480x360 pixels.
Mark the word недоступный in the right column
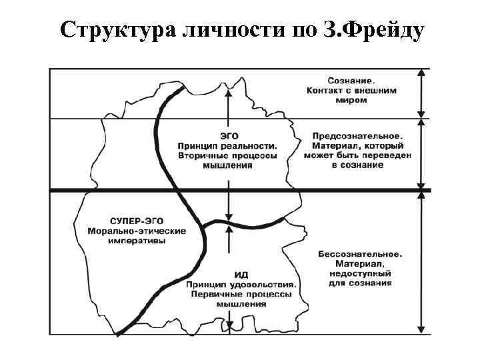360,274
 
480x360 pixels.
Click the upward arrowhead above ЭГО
228,94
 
